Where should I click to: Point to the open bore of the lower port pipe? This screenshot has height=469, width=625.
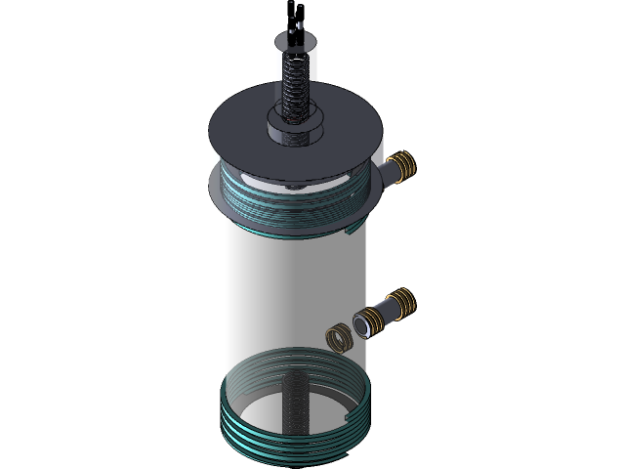pyautogui.click(x=361, y=323)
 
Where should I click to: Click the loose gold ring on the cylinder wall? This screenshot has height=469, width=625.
pyautogui.click(x=338, y=338)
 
